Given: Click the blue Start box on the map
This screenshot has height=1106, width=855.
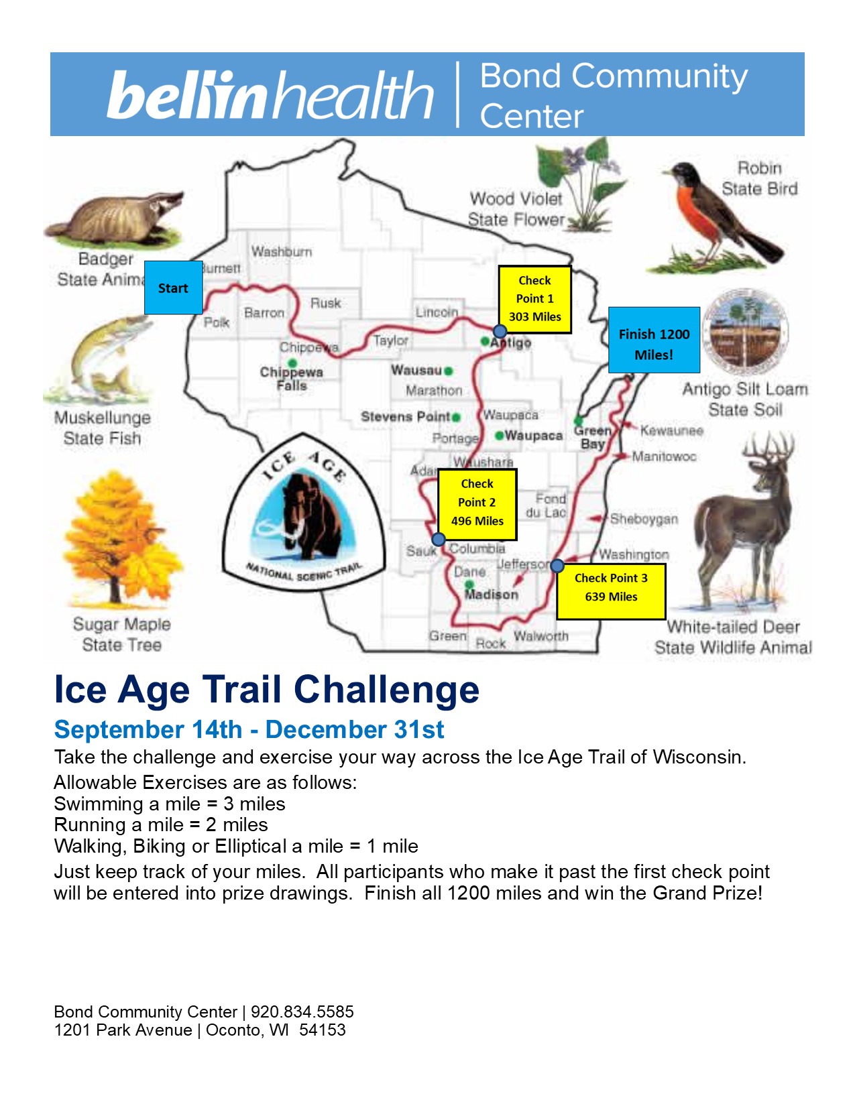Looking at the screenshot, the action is pos(173,288).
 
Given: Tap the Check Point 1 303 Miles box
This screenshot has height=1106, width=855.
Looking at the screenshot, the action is pos(534,299).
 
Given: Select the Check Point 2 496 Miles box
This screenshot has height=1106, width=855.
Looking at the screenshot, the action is pos(477,504).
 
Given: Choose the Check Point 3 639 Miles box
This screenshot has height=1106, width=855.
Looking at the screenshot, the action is pos(611,591).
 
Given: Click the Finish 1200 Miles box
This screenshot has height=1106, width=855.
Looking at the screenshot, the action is pos(654,339).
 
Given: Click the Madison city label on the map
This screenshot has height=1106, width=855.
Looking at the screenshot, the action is pos(492,594).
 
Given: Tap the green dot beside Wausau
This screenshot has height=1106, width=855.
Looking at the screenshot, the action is pos(448,371).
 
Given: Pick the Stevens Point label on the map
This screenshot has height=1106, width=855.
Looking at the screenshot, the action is pos(405,416).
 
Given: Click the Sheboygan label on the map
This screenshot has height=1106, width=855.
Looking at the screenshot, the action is pos(644,519).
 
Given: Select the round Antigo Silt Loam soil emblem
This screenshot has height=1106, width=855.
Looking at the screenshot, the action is pos(744,331).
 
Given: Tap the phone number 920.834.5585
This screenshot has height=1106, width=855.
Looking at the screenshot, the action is pos(302,1011).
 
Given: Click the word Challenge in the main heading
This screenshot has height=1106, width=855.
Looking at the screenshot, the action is pos(386,690).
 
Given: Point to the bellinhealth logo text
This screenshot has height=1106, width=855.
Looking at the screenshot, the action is pos(270,95).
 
